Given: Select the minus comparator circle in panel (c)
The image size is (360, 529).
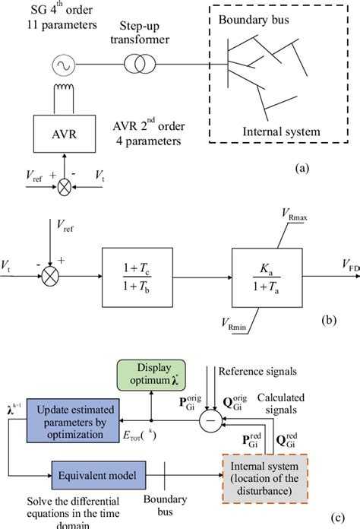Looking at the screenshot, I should pos(214,417).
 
